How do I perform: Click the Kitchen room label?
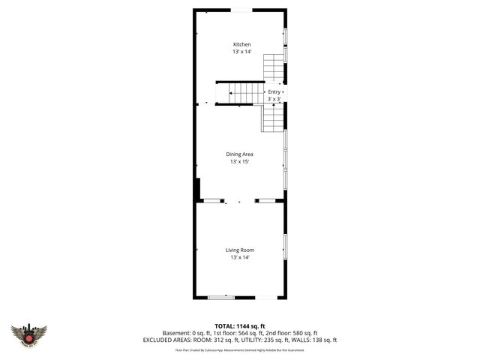click(x=241, y=45)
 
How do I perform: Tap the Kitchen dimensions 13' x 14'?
click(x=241, y=52)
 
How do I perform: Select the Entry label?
click(x=274, y=91)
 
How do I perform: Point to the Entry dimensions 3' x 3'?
click(x=274, y=99)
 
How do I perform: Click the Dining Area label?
click(x=240, y=154)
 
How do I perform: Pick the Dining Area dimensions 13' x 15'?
click(x=240, y=161)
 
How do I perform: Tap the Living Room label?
click(x=240, y=250)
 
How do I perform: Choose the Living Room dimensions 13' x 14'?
click(x=240, y=257)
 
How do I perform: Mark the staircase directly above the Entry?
click(x=274, y=68)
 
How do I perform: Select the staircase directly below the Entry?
click(x=273, y=118)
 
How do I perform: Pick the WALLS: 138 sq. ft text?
click(x=319, y=340)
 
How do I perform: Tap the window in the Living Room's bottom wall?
click(x=221, y=298)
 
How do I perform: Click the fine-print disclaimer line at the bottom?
click(x=240, y=349)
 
